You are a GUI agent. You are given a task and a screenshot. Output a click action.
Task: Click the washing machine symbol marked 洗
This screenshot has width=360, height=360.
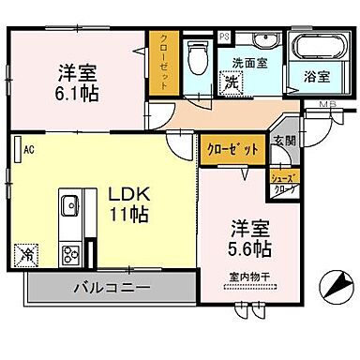[229, 82]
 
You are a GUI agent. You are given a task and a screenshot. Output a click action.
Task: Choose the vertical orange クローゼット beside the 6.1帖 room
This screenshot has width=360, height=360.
[161, 63]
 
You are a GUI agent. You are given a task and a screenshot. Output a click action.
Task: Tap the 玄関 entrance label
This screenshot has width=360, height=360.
[284, 142]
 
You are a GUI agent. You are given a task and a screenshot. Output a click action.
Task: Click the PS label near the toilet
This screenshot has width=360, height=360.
[224, 37]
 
